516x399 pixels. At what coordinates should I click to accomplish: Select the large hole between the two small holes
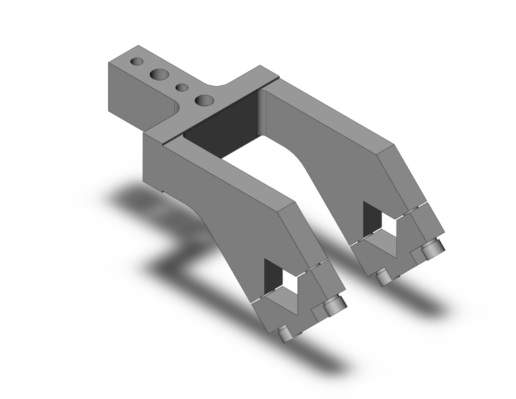160,74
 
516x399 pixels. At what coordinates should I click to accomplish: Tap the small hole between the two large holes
183,87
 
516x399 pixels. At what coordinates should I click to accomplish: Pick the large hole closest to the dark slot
204,100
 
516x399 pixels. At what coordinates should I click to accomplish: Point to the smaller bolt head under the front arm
284,335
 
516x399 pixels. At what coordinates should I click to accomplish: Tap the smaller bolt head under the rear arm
382,277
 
